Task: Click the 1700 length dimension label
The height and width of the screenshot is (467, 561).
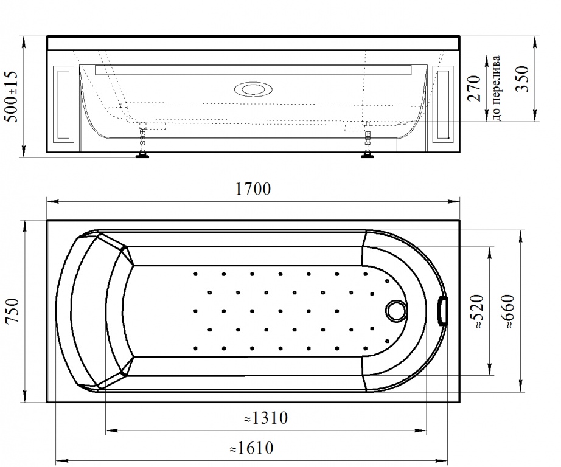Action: click(x=253, y=189)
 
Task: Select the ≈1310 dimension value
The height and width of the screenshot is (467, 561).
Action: click(x=265, y=418)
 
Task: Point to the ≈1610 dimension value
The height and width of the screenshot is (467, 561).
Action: click(x=251, y=448)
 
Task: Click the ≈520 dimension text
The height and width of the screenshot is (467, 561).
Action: click(x=477, y=311)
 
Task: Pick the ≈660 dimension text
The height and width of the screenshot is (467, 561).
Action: click(x=507, y=311)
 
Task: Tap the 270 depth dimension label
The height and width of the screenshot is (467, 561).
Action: click(x=474, y=88)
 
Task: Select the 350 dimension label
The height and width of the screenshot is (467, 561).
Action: click(x=522, y=78)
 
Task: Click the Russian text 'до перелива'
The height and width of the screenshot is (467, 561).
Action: click(x=497, y=88)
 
